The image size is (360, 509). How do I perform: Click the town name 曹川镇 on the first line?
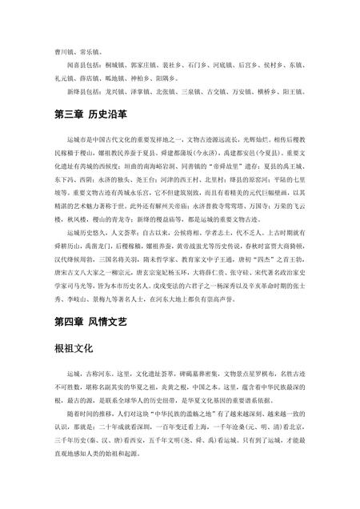click(65, 49)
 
